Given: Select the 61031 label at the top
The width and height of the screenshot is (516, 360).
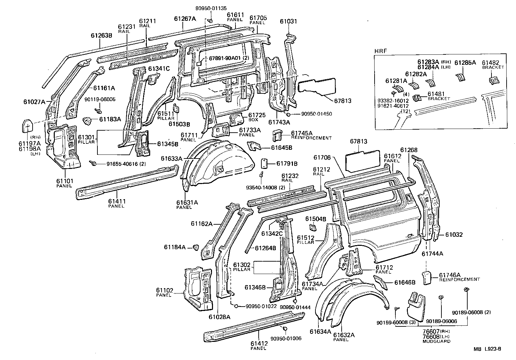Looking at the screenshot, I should point(288,22).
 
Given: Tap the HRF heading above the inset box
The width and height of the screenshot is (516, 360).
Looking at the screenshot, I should point(380,51).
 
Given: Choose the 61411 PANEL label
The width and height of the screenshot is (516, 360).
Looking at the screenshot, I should point(117,203).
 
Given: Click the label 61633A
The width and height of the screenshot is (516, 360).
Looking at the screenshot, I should point(171,159).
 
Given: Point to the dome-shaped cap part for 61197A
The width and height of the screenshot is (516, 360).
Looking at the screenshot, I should point(28,126).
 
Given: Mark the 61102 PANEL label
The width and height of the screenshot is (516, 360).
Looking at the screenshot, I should point(164,292).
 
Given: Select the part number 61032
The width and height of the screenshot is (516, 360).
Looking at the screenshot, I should point(454,235).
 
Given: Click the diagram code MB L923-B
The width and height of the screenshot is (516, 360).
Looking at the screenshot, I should point(487,349).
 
